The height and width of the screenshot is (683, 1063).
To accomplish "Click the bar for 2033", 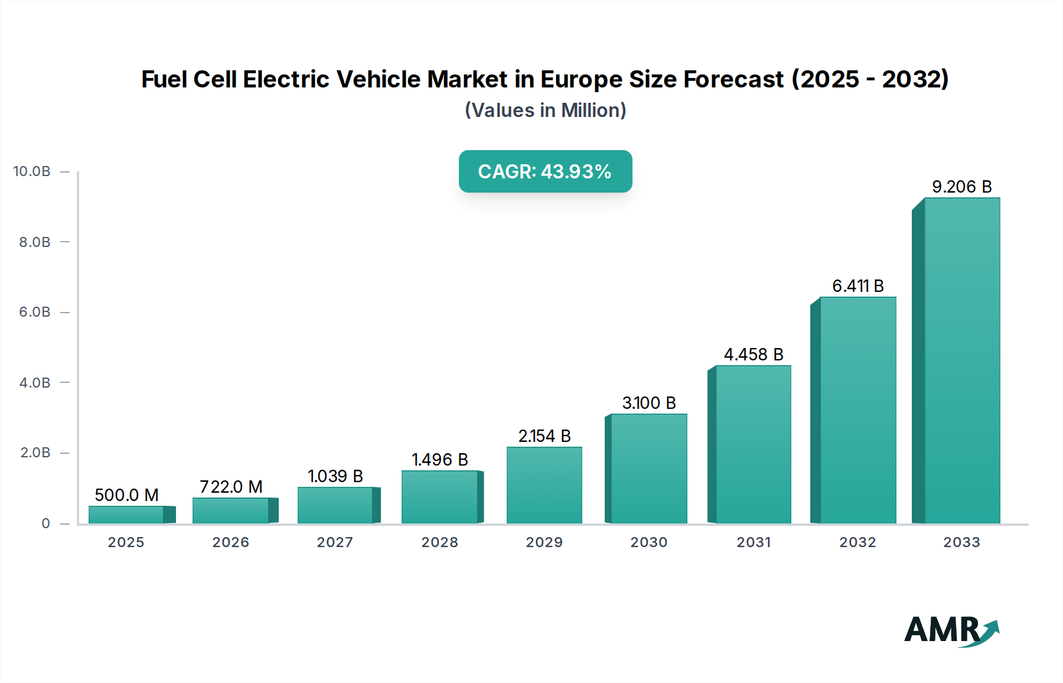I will point(961,360).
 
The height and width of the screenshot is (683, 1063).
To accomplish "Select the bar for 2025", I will point(126,515).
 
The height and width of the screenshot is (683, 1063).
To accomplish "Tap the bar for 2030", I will point(648,469).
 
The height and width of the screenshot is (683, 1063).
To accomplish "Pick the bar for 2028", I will point(439,497).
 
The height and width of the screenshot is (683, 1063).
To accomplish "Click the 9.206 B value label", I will point(961,187).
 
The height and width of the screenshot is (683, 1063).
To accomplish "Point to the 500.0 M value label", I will point(126,495).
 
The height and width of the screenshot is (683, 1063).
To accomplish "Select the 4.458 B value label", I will point(754,354).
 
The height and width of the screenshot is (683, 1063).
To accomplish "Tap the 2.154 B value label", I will point(544,436).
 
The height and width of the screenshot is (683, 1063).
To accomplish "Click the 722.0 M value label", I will point(231,487).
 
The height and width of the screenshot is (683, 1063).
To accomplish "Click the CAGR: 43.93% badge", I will point(545,171).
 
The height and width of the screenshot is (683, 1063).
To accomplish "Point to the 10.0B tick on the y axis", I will point(32,171).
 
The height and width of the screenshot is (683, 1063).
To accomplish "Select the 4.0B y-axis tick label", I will point(35,383).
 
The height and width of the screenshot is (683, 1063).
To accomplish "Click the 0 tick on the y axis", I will point(45,523).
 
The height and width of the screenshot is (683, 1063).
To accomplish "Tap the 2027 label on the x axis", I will point(335,542).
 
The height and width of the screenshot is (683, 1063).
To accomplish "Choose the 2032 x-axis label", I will point(857,542).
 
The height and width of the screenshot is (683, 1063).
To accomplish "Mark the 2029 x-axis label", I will point(544,542).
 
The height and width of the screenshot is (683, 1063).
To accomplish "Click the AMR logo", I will point(951,630).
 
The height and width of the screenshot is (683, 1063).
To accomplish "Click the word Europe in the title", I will point(582,79).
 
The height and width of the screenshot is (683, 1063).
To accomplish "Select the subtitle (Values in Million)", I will point(545,110).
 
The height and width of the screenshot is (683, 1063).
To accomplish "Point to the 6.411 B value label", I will point(857,286).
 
